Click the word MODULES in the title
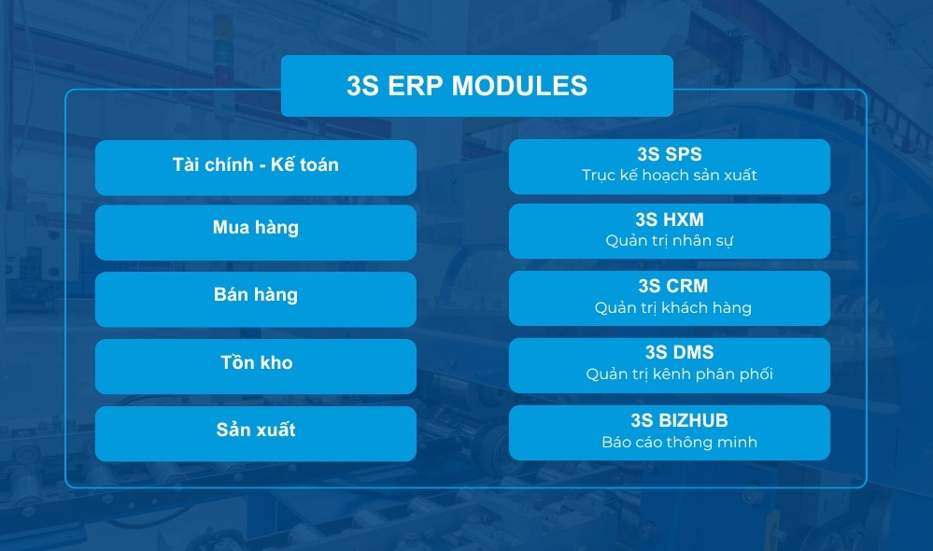click(519, 86)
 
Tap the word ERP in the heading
click(412, 86)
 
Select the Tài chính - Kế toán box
click(255, 167)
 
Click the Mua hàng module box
click(255, 232)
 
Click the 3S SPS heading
click(669, 153)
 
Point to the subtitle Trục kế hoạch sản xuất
click(669, 175)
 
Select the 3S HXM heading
click(669, 219)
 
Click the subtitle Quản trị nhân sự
click(669, 241)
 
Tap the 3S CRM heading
click(669, 286)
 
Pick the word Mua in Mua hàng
click(231, 227)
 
